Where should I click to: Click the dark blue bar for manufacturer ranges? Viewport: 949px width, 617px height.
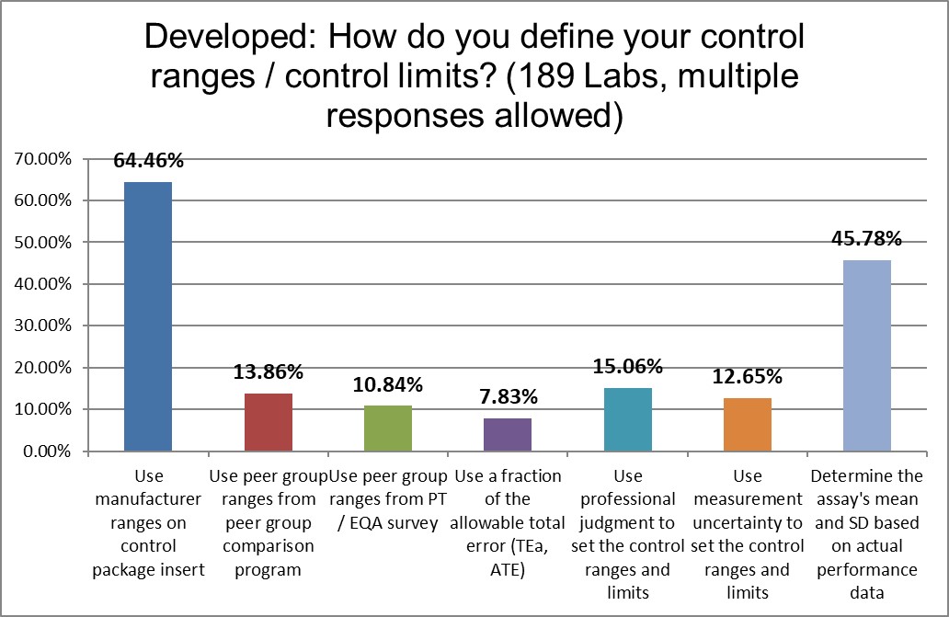[x=148, y=316]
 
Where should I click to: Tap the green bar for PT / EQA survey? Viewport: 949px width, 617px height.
[x=387, y=428]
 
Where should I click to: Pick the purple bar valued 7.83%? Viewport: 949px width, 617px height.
[x=508, y=435]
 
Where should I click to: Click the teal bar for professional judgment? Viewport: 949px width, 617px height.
[x=627, y=419]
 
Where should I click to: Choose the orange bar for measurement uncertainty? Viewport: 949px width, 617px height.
[x=747, y=425]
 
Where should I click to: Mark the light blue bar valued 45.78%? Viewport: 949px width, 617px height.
[x=866, y=356]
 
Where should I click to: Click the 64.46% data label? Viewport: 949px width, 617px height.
[x=148, y=161]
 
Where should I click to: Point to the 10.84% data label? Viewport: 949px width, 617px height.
[x=387, y=383]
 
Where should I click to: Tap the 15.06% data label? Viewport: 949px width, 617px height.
[x=627, y=367]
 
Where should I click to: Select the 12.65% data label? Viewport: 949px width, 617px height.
[x=747, y=376]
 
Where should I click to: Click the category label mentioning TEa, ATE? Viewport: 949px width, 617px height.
[x=507, y=523]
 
